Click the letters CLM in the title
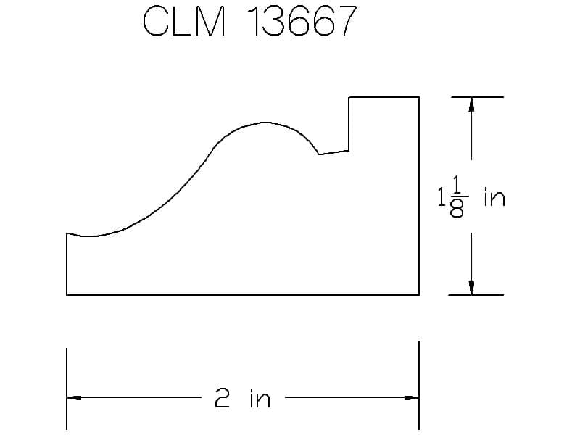pyautogui.click(x=184, y=22)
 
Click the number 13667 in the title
pyautogui.click(x=302, y=22)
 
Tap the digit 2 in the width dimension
pyautogui.click(x=223, y=397)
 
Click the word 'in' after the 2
pyautogui.click(x=260, y=397)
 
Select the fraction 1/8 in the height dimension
pyautogui.click(x=457, y=196)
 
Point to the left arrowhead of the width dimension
pyautogui.click(x=74, y=397)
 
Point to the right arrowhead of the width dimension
pyautogui.click(x=411, y=397)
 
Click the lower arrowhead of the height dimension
pyautogui.click(x=471, y=288)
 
